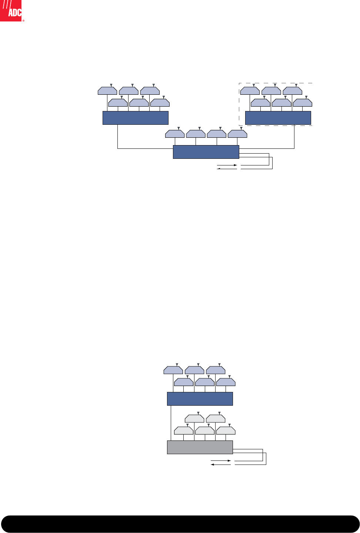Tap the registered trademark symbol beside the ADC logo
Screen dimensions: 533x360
coord(23,21)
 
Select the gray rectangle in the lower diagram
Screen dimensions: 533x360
coord(200,447)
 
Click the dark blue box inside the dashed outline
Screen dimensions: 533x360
coord(278,118)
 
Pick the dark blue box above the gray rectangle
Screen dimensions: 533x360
coord(200,399)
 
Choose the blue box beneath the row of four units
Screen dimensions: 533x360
coord(206,152)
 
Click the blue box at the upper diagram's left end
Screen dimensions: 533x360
coord(135,118)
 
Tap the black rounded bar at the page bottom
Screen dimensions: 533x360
coord(180,524)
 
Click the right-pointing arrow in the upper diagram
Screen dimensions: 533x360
coord(227,165)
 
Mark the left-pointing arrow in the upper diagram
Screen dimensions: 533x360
coord(227,169)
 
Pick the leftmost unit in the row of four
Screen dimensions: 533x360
coord(175,134)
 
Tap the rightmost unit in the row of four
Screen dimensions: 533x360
coord(237,134)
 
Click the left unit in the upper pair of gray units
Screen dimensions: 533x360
coord(194,419)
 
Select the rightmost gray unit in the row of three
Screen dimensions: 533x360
coord(226,431)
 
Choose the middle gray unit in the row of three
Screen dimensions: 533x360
coord(205,431)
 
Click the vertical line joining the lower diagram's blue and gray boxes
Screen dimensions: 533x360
coord(171,423)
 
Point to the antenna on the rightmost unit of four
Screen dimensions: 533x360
coord(241,128)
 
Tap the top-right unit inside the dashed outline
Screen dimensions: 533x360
coord(292,91)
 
